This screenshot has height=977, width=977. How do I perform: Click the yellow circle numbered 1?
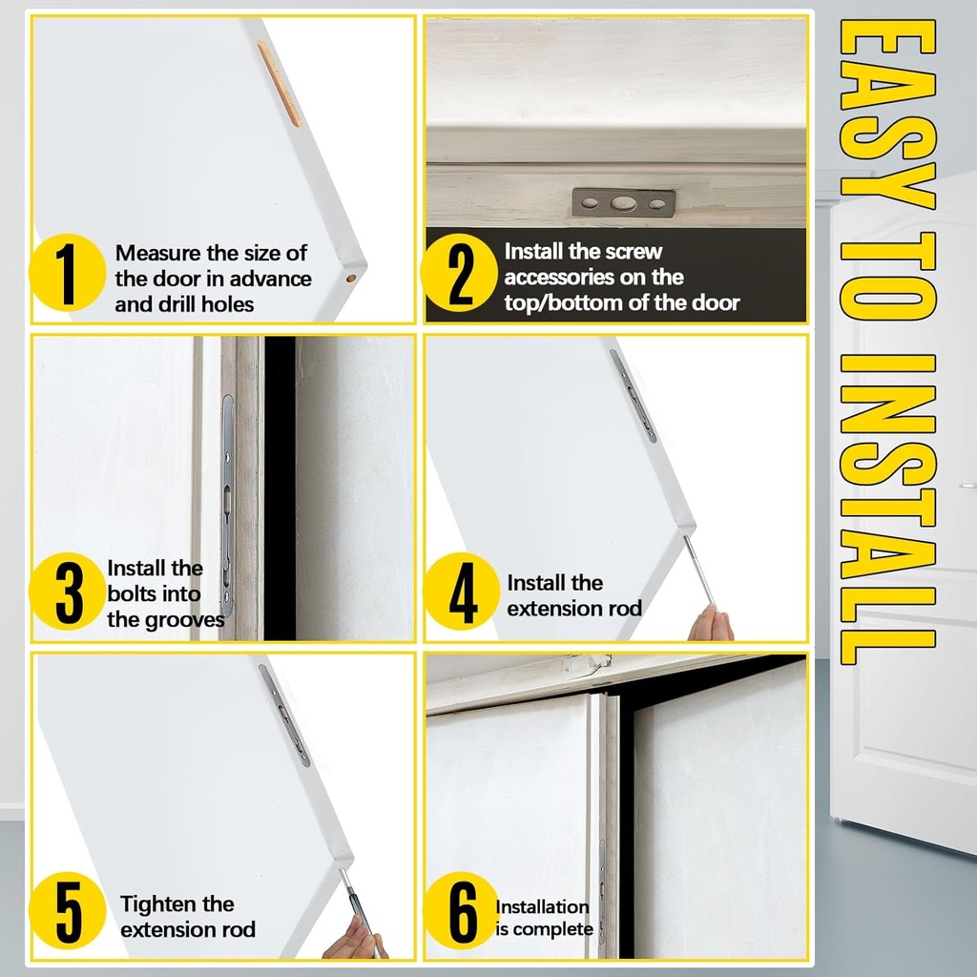(x=68, y=272)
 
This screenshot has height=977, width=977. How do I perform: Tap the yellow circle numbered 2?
(x=460, y=272)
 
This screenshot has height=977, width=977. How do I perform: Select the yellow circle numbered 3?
(x=68, y=592)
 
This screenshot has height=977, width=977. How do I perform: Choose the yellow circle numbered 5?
(x=68, y=910)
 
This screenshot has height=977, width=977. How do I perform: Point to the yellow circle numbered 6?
(x=461, y=910)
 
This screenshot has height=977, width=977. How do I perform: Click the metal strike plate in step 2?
(x=623, y=203)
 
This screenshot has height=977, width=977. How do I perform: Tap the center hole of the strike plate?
(x=623, y=203)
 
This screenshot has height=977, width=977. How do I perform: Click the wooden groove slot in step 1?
(x=280, y=84)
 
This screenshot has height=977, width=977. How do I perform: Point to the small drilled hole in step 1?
(x=351, y=278)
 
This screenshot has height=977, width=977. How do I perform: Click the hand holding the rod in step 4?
(x=710, y=623)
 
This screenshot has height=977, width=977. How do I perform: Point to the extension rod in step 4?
(x=699, y=571)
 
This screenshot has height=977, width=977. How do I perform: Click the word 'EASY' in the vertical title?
(x=887, y=114)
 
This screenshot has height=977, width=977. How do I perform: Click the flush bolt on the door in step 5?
(x=284, y=716)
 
